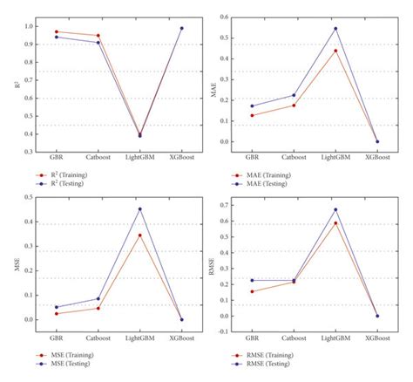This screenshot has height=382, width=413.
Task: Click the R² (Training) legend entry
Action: pos(65,174)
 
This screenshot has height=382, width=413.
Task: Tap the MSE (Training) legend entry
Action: pos(68,356)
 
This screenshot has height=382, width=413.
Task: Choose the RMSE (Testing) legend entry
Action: pos(266,364)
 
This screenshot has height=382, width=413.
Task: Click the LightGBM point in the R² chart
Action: pos(139,135)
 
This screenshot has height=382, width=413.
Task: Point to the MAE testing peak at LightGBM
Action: pos(335,29)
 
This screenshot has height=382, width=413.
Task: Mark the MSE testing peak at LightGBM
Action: pos(139,208)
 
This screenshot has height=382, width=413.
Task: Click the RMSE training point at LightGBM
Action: pos(335,223)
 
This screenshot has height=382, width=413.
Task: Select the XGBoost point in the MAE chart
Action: pos(377,141)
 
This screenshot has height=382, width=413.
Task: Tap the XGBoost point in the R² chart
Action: pos(182,28)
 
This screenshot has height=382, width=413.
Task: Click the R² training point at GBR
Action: pos(56,31)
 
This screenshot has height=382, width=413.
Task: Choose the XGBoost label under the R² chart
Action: pos(182,159)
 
